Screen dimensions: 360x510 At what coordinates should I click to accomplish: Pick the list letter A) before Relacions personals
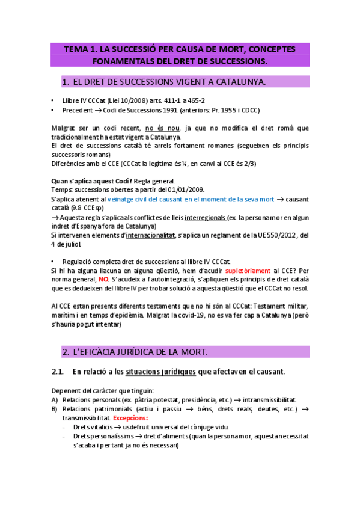tap(55, 400)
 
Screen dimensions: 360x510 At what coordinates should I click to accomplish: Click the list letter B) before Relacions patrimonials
tap(55, 409)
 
